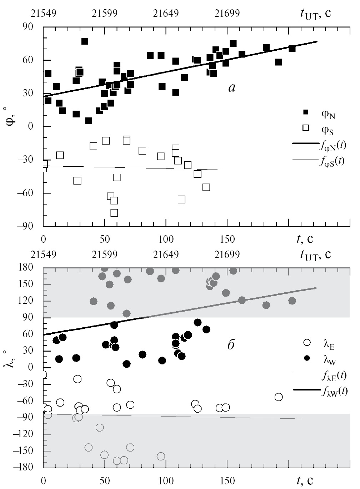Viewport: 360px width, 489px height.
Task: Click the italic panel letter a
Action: [x=232, y=87]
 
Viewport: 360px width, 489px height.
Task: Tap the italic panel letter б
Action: [x=231, y=346]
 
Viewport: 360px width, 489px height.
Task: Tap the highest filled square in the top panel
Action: [x=85, y=41]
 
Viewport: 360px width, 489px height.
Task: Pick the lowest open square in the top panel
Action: [x=114, y=213]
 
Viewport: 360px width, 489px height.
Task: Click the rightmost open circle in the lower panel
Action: [x=279, y=397]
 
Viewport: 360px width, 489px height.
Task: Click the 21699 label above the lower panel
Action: [x=227, y=254]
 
